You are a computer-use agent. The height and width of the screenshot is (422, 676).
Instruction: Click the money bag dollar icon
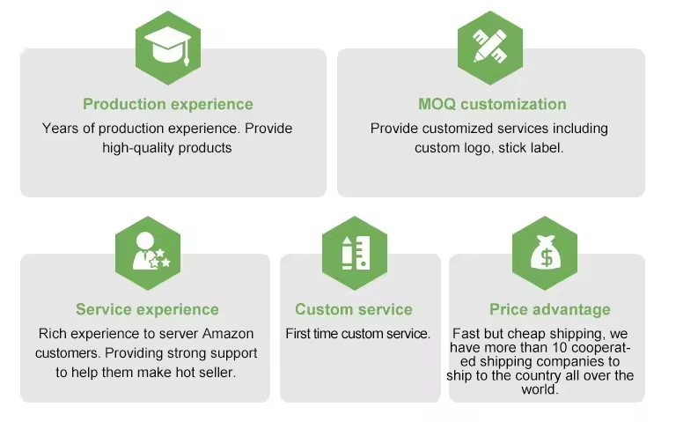pyautogui.click(x=545, y=254)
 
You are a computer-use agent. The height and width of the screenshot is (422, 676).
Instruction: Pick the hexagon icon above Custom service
pyautogui.click(x=354, y=254)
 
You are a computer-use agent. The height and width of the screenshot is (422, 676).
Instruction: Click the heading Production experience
pyautogui.click(x=168, y=105)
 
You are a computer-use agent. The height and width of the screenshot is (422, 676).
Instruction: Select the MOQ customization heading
pyautogui.click(x=492, y=105)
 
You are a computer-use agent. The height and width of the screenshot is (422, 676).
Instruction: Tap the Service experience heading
pyautogui.click(x=147, y=309)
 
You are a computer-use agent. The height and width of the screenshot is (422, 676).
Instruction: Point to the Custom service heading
pyautogui.click(x=354, y=309)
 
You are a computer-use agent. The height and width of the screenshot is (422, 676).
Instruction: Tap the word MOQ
pyautogui.click(x=437, y=105)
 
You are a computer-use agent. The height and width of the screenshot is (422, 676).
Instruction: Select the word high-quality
pyautogui.click(x=137, y=148)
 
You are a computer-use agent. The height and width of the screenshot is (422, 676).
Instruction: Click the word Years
pyautogui.click(x=59, y=129)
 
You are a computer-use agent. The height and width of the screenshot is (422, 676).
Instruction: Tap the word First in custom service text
pyautogui.click(x=300, y=334)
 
